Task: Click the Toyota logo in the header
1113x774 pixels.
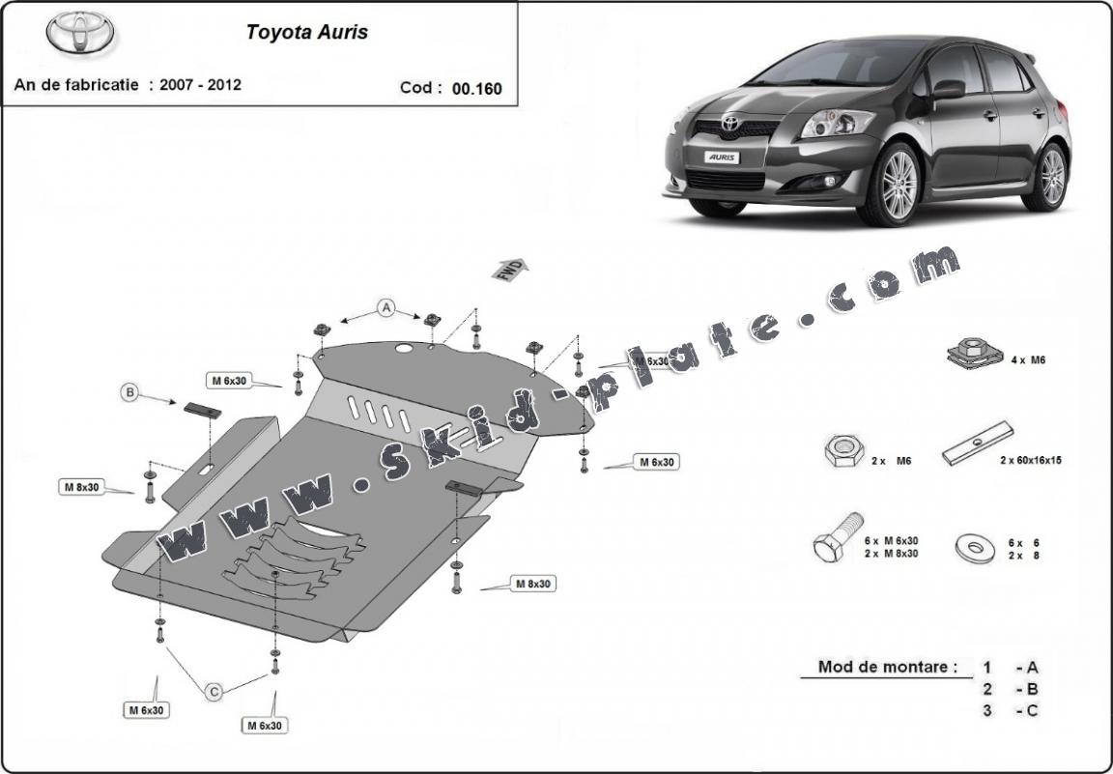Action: click(80, 34)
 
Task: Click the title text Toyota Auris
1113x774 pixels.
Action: click(306, 32)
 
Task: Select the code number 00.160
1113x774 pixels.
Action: click(477, 88)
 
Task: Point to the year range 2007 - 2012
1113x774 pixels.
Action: click(201, 84)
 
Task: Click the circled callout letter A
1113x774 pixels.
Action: click(386, 308)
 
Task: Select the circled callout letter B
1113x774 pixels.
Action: click(129, 392)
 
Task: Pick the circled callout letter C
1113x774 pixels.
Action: click(214, 691)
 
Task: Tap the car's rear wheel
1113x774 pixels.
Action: click(1048, 175)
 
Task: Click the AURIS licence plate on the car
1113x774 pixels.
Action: click(722, 156)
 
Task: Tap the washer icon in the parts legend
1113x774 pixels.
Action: click(976, 548)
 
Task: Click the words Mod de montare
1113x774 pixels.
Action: click(887, 666)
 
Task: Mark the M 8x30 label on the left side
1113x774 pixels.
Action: click(81, 487)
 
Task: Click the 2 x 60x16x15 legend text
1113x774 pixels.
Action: click(1030, 461)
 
